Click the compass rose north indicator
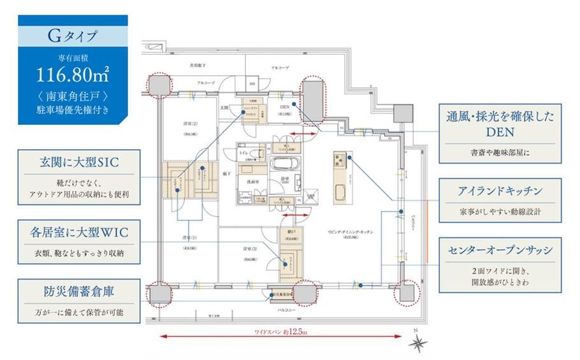418,342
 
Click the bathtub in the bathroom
281,168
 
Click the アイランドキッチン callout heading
500,191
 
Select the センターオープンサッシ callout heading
500,249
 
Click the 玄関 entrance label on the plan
224,107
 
